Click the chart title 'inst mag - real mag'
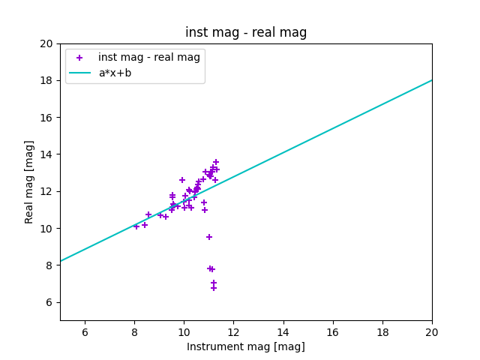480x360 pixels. [x=246, y=32]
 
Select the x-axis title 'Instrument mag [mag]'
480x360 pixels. [x=246, y=346]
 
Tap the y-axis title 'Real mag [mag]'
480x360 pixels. [x=29, y=181]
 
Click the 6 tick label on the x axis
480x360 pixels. [x=85, y=332]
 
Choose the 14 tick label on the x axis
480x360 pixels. [x=283, y=332]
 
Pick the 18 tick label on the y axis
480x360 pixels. [x=46, y=80]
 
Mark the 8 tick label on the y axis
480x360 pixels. [x=49, y=265]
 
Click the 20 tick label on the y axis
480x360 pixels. [x=46, y=43]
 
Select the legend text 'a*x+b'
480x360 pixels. [x=115, y=73]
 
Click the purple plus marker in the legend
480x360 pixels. [x=79, y=58]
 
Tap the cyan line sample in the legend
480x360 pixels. [x=79, y=73]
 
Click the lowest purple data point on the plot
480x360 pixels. [x=214, y=288]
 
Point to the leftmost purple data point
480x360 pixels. [x=136, y=226]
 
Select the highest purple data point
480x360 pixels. [x=216, y=162]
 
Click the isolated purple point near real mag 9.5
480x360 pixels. [x=209, y=237]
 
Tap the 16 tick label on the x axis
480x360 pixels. [x=333, y=332]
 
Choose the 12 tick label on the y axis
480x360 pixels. [x=46, y=191]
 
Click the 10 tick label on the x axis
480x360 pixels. [x=184, y=332]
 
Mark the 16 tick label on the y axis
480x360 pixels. [x=46, y=118]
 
